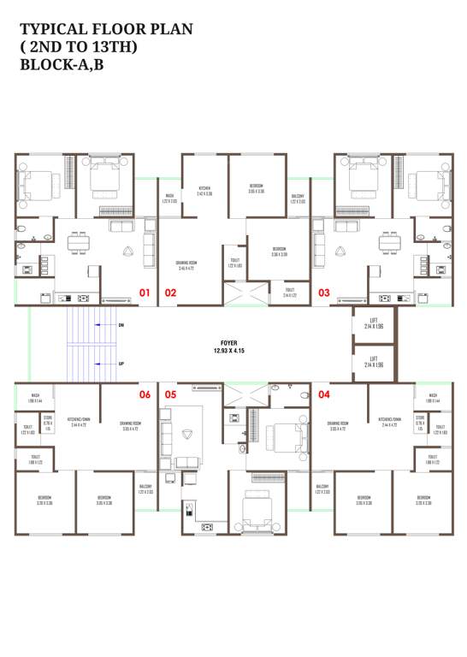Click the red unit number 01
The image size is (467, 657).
pos(145,293)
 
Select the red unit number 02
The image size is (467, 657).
pos(170,293)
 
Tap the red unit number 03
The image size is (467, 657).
pos(324,293)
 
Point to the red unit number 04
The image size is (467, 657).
pos(324,394)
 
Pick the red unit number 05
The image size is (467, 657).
pos(170,394)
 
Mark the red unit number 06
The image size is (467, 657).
pos(145,394)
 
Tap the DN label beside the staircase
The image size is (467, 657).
pos(121,325)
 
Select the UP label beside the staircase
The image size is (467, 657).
pos(121,364)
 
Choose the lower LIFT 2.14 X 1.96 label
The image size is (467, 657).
pos(374,362)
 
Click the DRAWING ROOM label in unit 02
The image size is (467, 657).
pos(187,265)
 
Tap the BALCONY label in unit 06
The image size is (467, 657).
pos(145,488)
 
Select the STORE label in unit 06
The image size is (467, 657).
pos(48,422)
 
